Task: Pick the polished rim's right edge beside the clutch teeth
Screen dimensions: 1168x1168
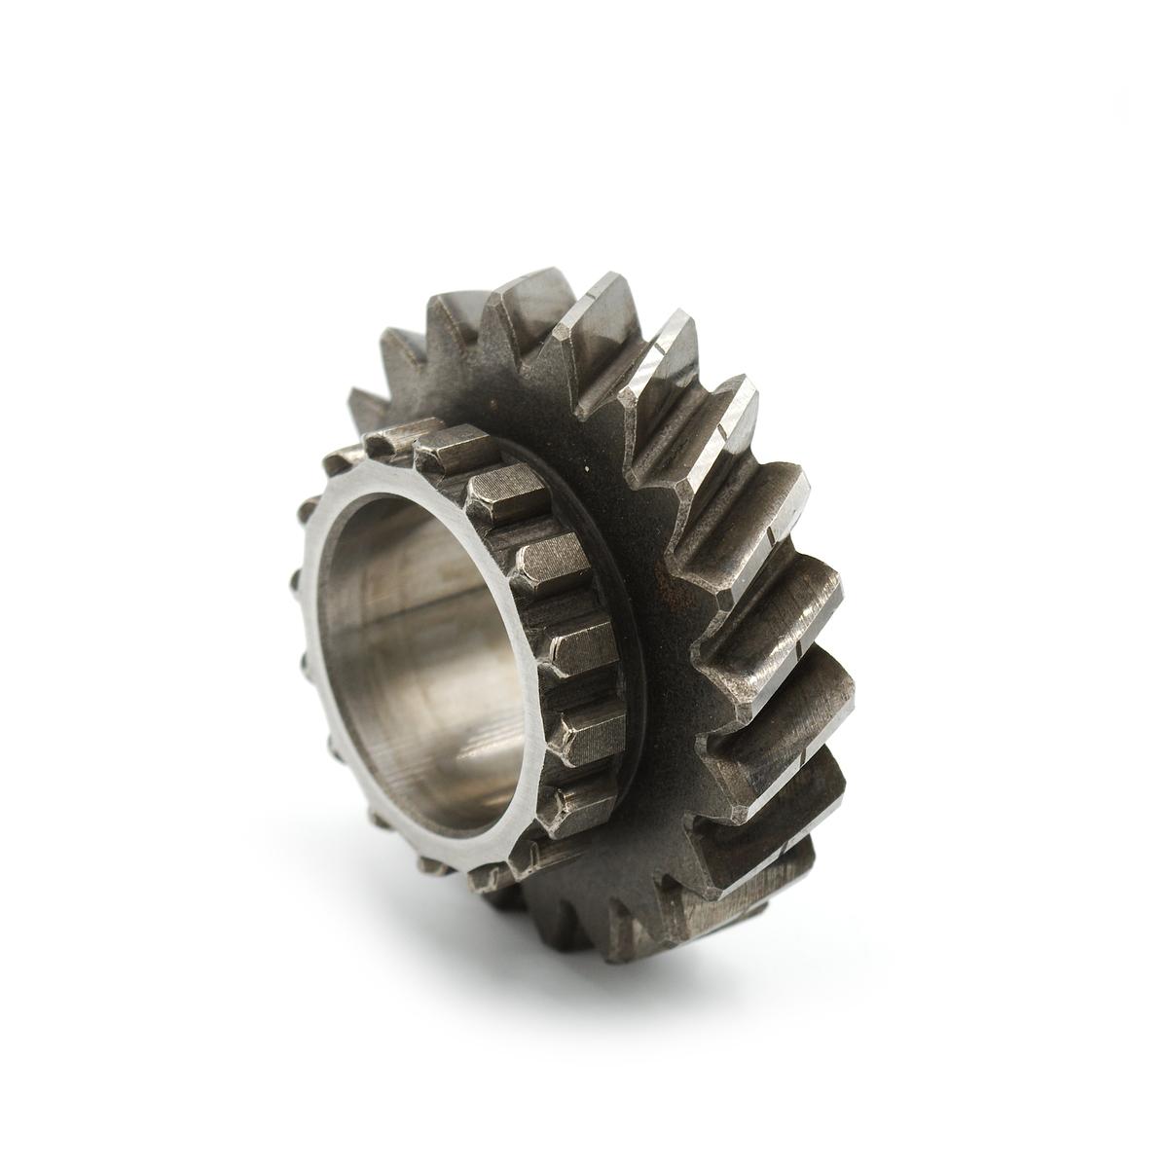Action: point(541,681)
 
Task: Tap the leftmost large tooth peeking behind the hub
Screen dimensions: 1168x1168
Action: point(365,404)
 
